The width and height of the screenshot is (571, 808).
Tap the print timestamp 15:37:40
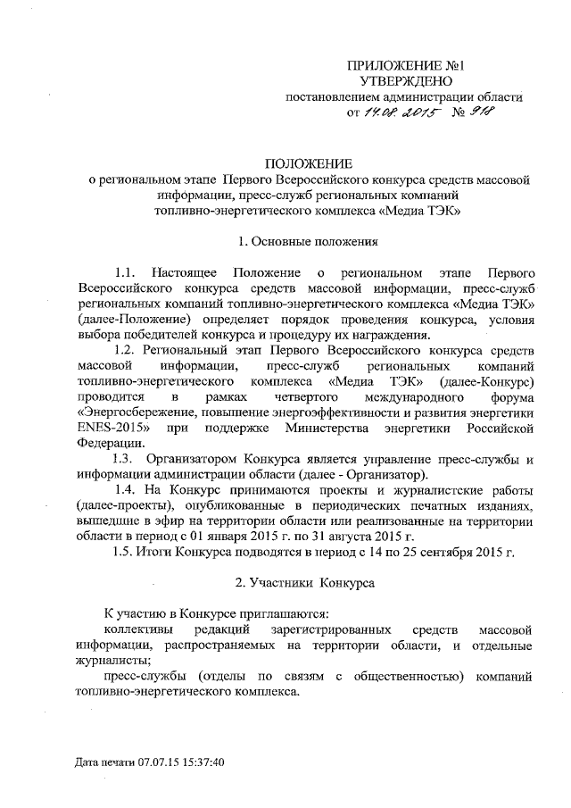(x=198, y=764)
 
